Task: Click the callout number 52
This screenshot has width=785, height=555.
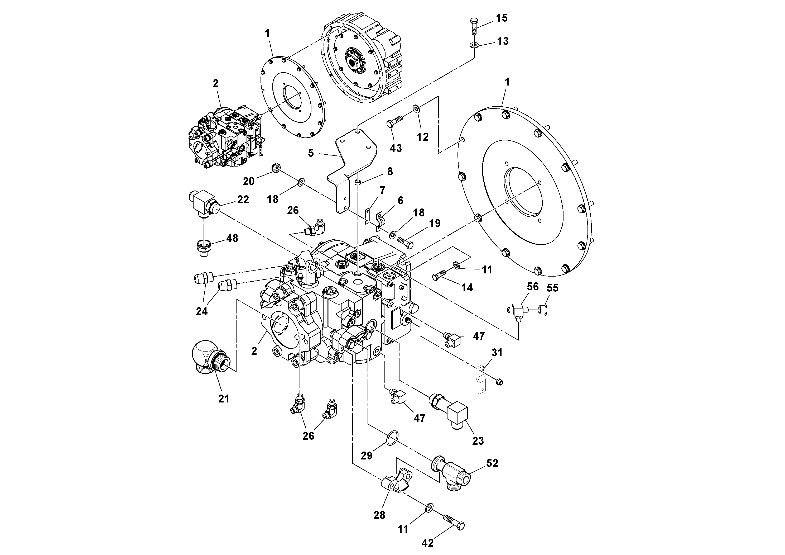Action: pyautogui.click(x=492, y=463)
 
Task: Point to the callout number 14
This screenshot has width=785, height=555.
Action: pyautogui.click(x=467, y=288)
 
